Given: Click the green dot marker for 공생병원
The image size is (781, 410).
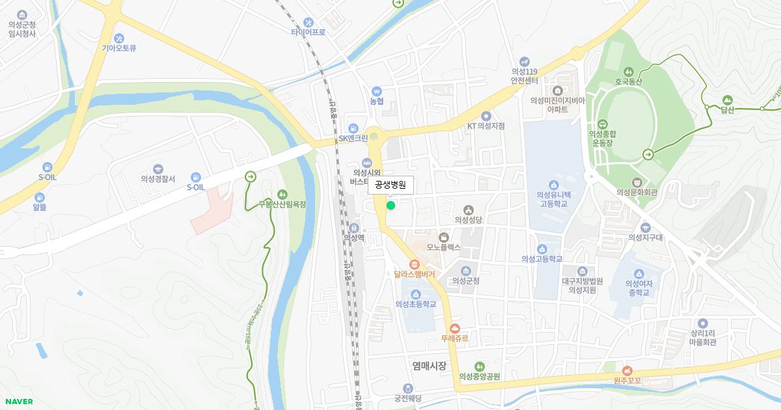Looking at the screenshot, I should (x=390, y=206).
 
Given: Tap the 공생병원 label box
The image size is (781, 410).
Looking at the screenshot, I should (x=390, y=185).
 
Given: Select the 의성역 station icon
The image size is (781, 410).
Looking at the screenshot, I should (x=353, y=228).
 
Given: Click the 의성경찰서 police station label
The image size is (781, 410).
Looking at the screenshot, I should (x=158, y=179).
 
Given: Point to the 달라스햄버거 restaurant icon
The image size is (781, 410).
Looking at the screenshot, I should (x=414, y=264).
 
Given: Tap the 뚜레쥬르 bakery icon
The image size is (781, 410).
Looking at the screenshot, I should (x=454, y=329).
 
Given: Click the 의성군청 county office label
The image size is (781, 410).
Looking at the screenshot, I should (x=466, y=281).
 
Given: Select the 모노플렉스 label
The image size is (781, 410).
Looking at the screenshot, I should (x=444, y=247).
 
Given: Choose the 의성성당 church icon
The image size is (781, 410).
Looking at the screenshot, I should (x=468, y=210).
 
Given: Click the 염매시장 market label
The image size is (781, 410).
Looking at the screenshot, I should (x=430, y=366).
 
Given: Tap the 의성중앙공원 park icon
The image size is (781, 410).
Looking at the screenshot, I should (x=479, y=366).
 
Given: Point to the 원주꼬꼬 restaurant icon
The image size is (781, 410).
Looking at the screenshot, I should (x=627, y=370).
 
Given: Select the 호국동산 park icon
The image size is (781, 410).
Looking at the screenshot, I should (x=628, y=72).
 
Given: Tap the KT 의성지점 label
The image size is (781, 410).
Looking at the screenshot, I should (x=486, y=126).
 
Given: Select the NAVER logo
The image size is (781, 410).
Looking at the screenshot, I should (x=18, y=402).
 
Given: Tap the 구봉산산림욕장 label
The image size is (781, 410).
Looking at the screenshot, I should (x=282, y=204).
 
